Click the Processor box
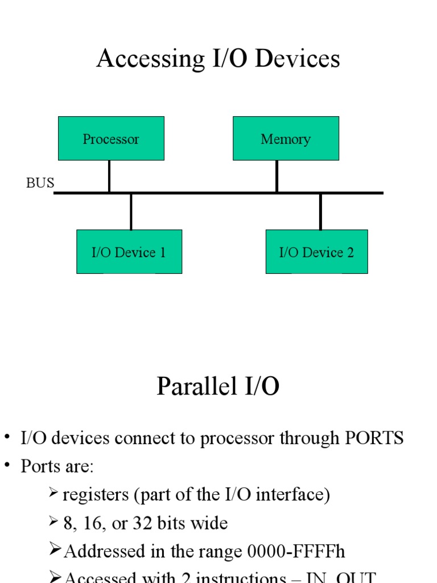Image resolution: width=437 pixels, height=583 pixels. click(111, 138)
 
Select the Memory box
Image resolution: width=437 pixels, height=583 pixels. click(286, 138)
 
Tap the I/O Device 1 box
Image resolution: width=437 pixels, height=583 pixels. click(129, 252)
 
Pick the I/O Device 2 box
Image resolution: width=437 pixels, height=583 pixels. click(316, 252)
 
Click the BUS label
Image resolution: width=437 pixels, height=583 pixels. click(40, 183)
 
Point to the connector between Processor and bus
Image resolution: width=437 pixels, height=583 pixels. click(109, 176)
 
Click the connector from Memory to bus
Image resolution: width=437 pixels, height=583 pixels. click(277, 176)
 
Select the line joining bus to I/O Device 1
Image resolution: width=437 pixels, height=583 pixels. click(131, 211)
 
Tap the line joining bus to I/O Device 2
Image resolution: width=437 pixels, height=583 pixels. click(320, 211)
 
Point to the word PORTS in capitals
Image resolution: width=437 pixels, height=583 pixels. click(374, 438)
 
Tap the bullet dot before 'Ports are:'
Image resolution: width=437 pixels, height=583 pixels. click(7, 465)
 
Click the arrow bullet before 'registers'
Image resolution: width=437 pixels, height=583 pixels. click(54, 492)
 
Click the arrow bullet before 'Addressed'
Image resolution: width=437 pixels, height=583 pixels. click(55, 549)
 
